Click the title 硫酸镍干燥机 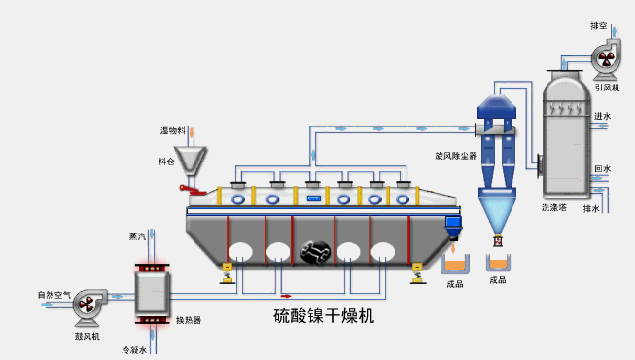point(323,316)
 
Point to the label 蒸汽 point(137,236)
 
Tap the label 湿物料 point(172,129)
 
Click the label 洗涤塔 point(554,207)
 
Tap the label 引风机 point(607,88)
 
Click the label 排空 point(598,25)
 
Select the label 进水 point(602,116)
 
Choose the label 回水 point(602,168)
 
